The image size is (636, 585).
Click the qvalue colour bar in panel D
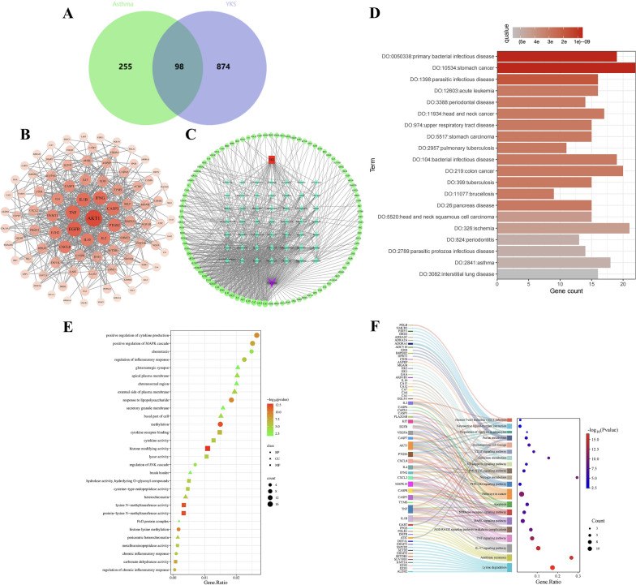coord(561,32)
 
